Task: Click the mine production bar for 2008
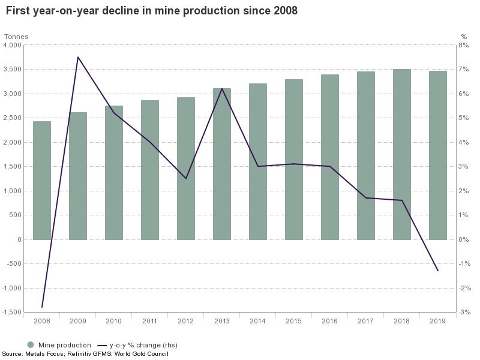[x=42, y=180]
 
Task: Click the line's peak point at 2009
[x=78, y=57]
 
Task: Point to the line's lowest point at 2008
[x=42, y=307]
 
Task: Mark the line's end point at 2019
[x=438, y=271]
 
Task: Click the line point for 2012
[x=186, y=178]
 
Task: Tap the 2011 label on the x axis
[x=150, y=321]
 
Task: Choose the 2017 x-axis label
[x=366, y=321]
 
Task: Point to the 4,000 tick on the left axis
[x=12, y=45]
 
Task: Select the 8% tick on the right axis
[x=463, y=45]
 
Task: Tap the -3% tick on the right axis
[x=463, y=312]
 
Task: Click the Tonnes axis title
[x=16, y=37]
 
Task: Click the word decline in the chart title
[x=111, y=11]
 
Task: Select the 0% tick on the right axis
[x=463, y=239]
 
